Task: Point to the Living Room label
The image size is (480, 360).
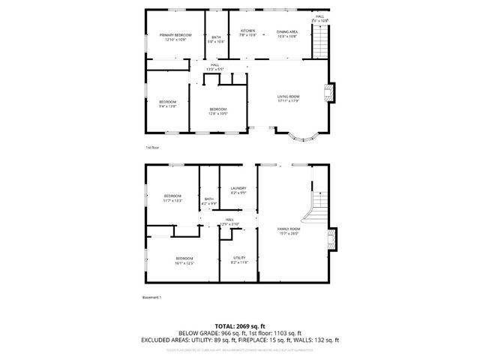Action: point(289,98)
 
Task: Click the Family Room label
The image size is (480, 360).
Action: point(289,231)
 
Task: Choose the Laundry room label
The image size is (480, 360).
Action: point(238,190)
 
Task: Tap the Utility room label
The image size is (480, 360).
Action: point(238,260)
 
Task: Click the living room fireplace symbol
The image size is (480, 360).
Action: point(328,92)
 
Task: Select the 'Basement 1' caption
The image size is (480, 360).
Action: point(152,297)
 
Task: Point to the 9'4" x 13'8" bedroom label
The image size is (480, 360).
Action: point(167,103)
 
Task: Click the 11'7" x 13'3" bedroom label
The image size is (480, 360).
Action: point(172,198)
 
